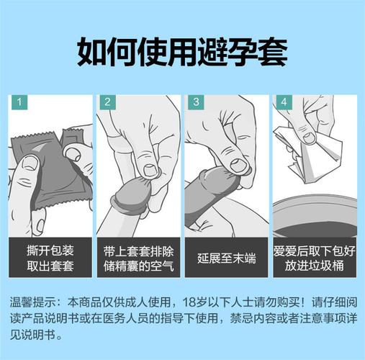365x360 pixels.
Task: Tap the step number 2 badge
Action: [107, 102]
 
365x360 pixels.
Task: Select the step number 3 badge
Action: [195, 102]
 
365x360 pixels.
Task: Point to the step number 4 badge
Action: [284, 102]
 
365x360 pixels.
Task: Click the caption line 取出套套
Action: [51, 266]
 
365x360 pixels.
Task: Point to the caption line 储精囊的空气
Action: [139, 266]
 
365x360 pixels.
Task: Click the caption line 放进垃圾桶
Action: [315, 266]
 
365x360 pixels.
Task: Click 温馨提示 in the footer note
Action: [33, 301]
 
